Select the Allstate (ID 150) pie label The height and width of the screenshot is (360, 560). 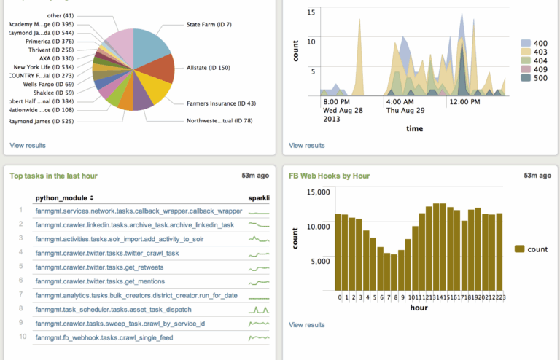point(209,67)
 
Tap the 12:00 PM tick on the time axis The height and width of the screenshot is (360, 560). point(464,101)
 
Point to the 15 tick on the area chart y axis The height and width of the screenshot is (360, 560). point(311,12)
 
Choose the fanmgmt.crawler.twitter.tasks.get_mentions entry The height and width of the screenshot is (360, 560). point(95,281)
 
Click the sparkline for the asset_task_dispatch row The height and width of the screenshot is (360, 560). point(259,309)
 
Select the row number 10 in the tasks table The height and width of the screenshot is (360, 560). point(23,337)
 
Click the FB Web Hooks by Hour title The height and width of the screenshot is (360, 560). point(330,176)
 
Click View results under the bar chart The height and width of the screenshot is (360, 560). point(307,325)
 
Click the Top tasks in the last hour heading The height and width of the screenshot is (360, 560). point(53,176)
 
